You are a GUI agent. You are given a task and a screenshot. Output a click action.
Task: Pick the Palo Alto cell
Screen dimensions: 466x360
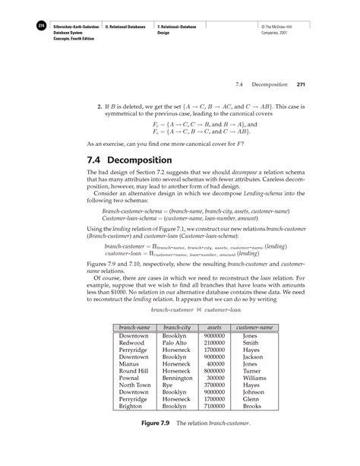coord(174,343)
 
